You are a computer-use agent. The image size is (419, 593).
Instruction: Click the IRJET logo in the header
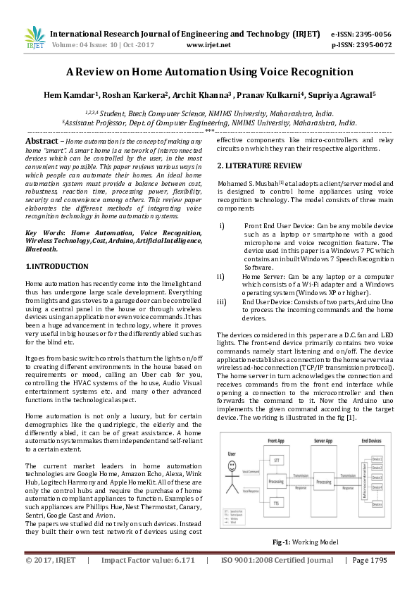(x=34, y=37)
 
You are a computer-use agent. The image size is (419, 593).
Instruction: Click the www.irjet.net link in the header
(x=208, y=45)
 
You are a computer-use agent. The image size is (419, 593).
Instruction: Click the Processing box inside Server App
(x=323, y=482)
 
